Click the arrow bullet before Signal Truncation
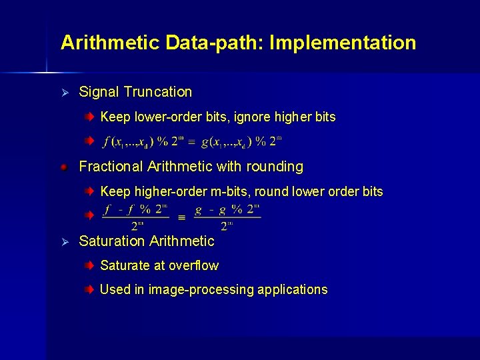[65, 92]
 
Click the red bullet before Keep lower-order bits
[89, 117]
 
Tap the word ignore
[252, 117]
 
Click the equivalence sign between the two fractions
[181, 217]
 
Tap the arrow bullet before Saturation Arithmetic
[65, 241]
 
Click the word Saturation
[111, 241]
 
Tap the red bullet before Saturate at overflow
[89, 266]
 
